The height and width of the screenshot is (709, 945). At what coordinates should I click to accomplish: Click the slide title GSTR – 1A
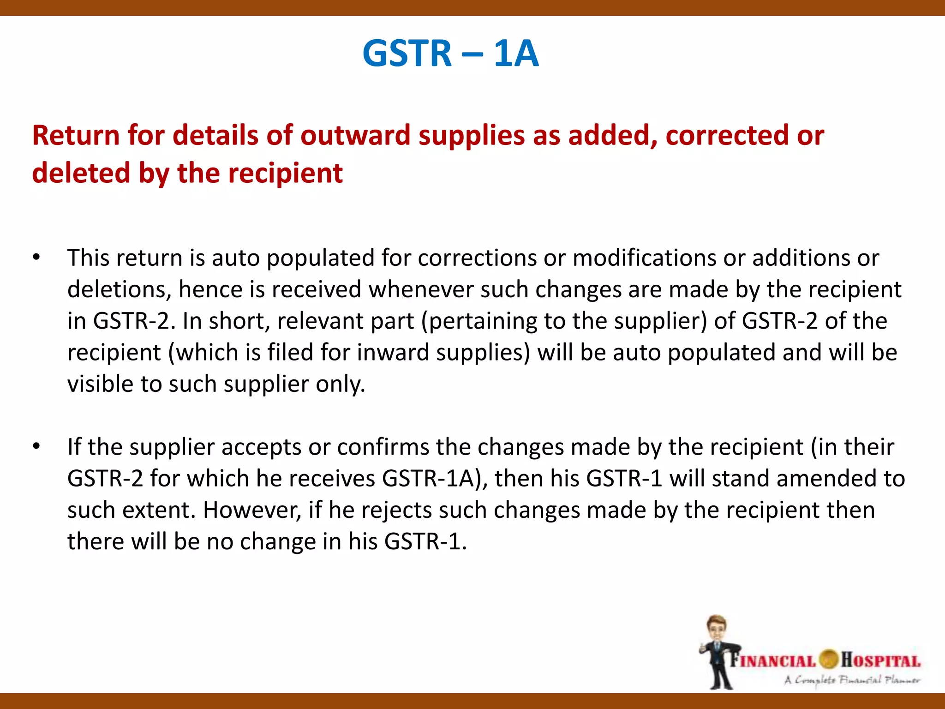coord(450,54)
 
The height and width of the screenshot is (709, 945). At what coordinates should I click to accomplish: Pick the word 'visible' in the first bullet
coord(100,384)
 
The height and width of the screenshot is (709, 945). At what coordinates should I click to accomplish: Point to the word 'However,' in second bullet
coord(252,511)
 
